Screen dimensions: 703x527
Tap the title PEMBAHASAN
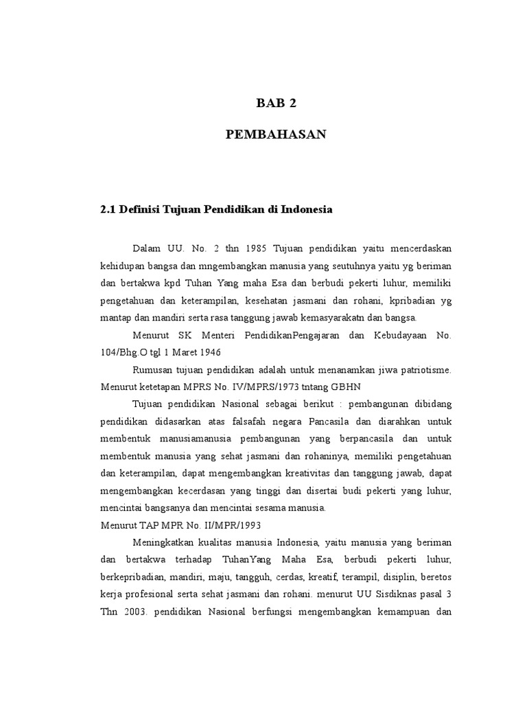[x=277, y=135]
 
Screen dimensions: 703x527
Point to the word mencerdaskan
[x=419, y=247]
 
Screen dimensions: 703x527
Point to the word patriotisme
[x=418, y=370]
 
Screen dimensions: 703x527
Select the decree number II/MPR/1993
[x=220, y=526]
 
